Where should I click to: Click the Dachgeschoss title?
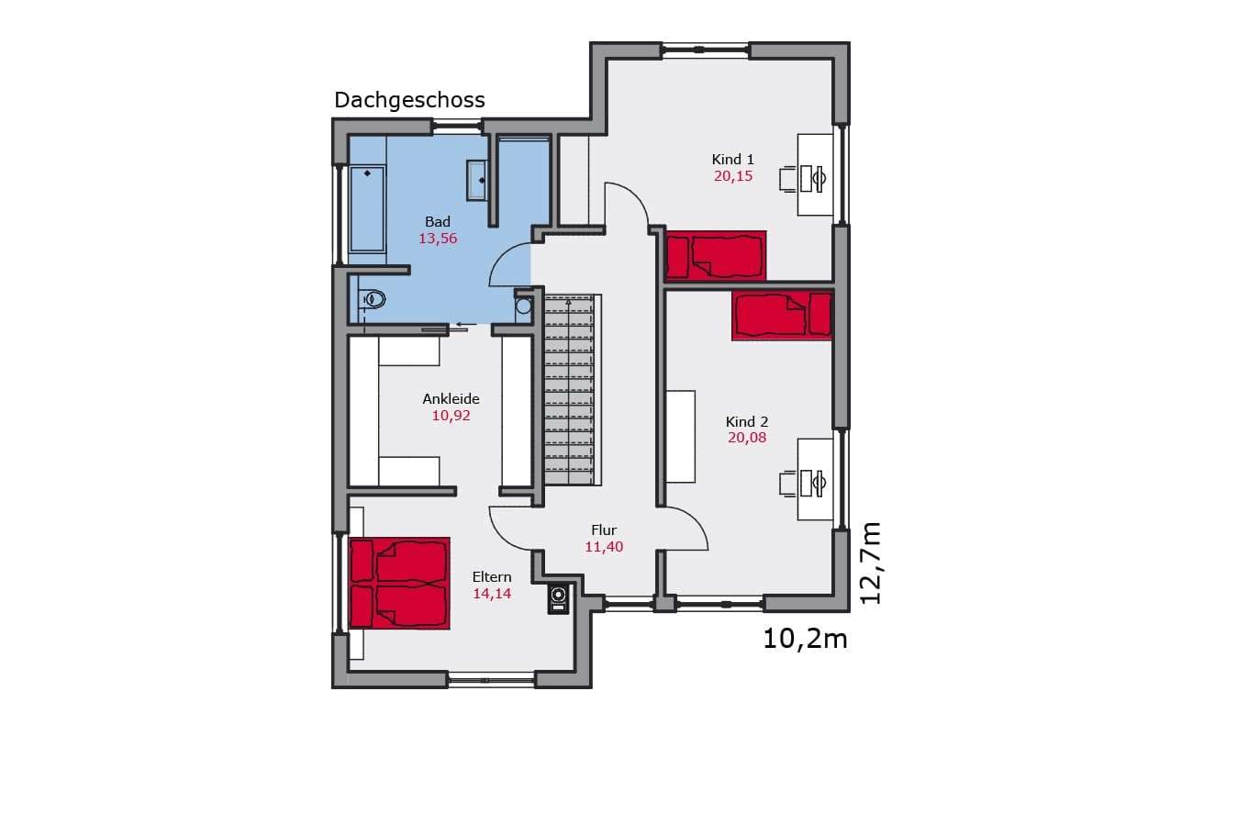point(409,101)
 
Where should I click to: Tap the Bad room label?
point(438,221)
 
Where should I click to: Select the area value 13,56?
point(438,239)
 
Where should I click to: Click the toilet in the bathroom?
point(373,299)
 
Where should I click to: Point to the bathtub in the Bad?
point(367,208)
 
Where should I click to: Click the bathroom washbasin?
point(476,180)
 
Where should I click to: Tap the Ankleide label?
point(451,398)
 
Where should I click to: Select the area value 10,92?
point(451,416)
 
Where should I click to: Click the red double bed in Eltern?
point(400,583)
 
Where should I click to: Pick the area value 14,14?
point(492,594)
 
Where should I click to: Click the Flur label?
point(604,530)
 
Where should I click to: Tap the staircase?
point(570,390)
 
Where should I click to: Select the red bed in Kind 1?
point(716,255)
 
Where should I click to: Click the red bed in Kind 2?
point(782,316)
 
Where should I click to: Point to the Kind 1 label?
point(732,160)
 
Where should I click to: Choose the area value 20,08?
point(747,438)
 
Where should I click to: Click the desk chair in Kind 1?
point(788,179)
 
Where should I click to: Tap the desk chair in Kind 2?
point(788,484)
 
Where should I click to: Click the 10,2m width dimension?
point(805,639)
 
